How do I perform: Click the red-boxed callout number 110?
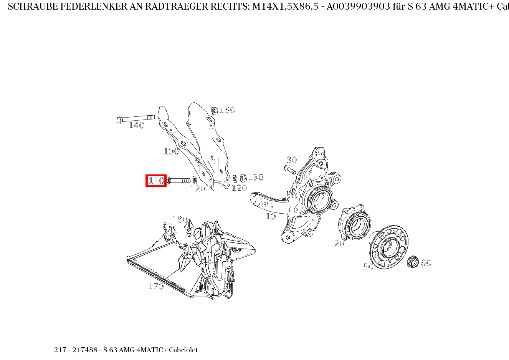[156, 181]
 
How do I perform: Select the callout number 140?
[136, 125]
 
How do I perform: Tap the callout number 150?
[227, 110]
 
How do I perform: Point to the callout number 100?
[171, 151]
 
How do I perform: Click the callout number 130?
[256, 177]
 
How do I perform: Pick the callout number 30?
[292, 160]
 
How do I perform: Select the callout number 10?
[271, 216]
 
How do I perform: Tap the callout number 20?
[339, 244]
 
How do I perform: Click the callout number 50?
[369, 267]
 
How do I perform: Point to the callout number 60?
[426, 263]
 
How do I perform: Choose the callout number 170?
[156, 286]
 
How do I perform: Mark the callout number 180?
[180, 219]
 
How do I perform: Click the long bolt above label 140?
[136, 118]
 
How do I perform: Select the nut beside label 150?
[215, 111]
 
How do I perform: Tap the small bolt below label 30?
[290, 170]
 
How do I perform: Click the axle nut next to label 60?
[413, 262]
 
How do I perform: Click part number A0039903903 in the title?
[359, 7]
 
